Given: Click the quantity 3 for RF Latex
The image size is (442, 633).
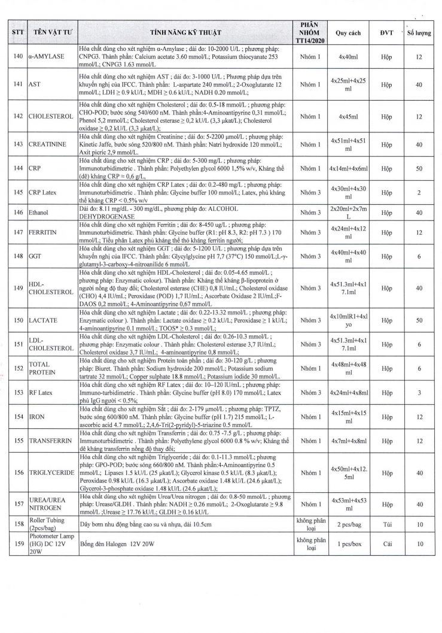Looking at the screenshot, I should pyautogui.click(x=419, y=392).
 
